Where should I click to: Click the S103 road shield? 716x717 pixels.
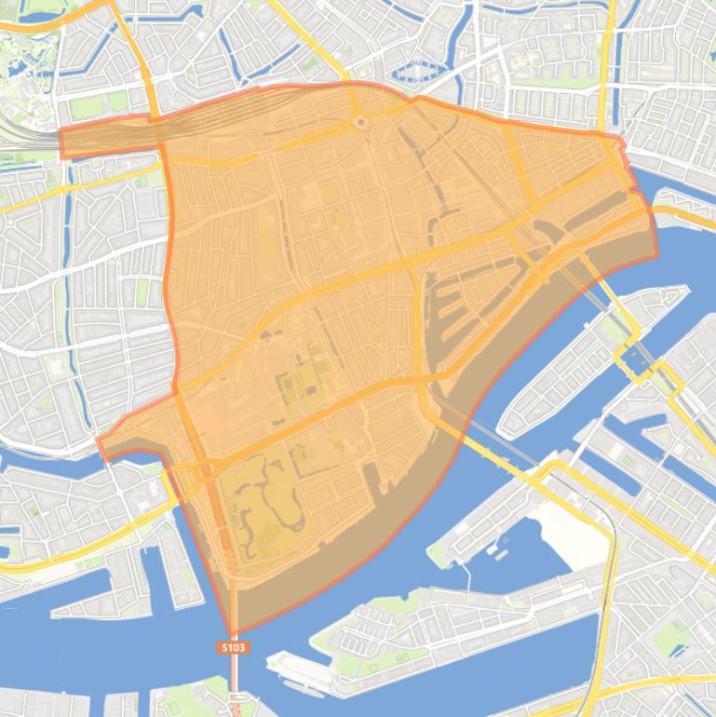(x=233, y=646)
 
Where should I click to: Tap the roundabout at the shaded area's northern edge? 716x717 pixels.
(x=360, y=122)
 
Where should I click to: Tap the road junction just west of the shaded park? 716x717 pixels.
(x=201, y=470)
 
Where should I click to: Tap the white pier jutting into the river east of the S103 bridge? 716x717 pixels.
(x=289, y=666)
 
